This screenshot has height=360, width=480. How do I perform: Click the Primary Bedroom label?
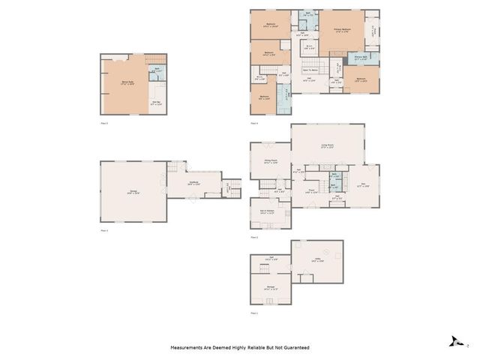(x=342, y=31)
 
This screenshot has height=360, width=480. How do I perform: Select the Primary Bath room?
(x=361, y=57)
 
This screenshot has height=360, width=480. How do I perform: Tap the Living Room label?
(x=327, y=147)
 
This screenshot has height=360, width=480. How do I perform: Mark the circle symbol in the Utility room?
(x=324, y=252)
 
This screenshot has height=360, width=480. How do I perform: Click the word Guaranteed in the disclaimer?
(x=296, y=348)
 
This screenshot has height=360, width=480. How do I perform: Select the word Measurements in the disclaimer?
(x=189, y=348)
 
